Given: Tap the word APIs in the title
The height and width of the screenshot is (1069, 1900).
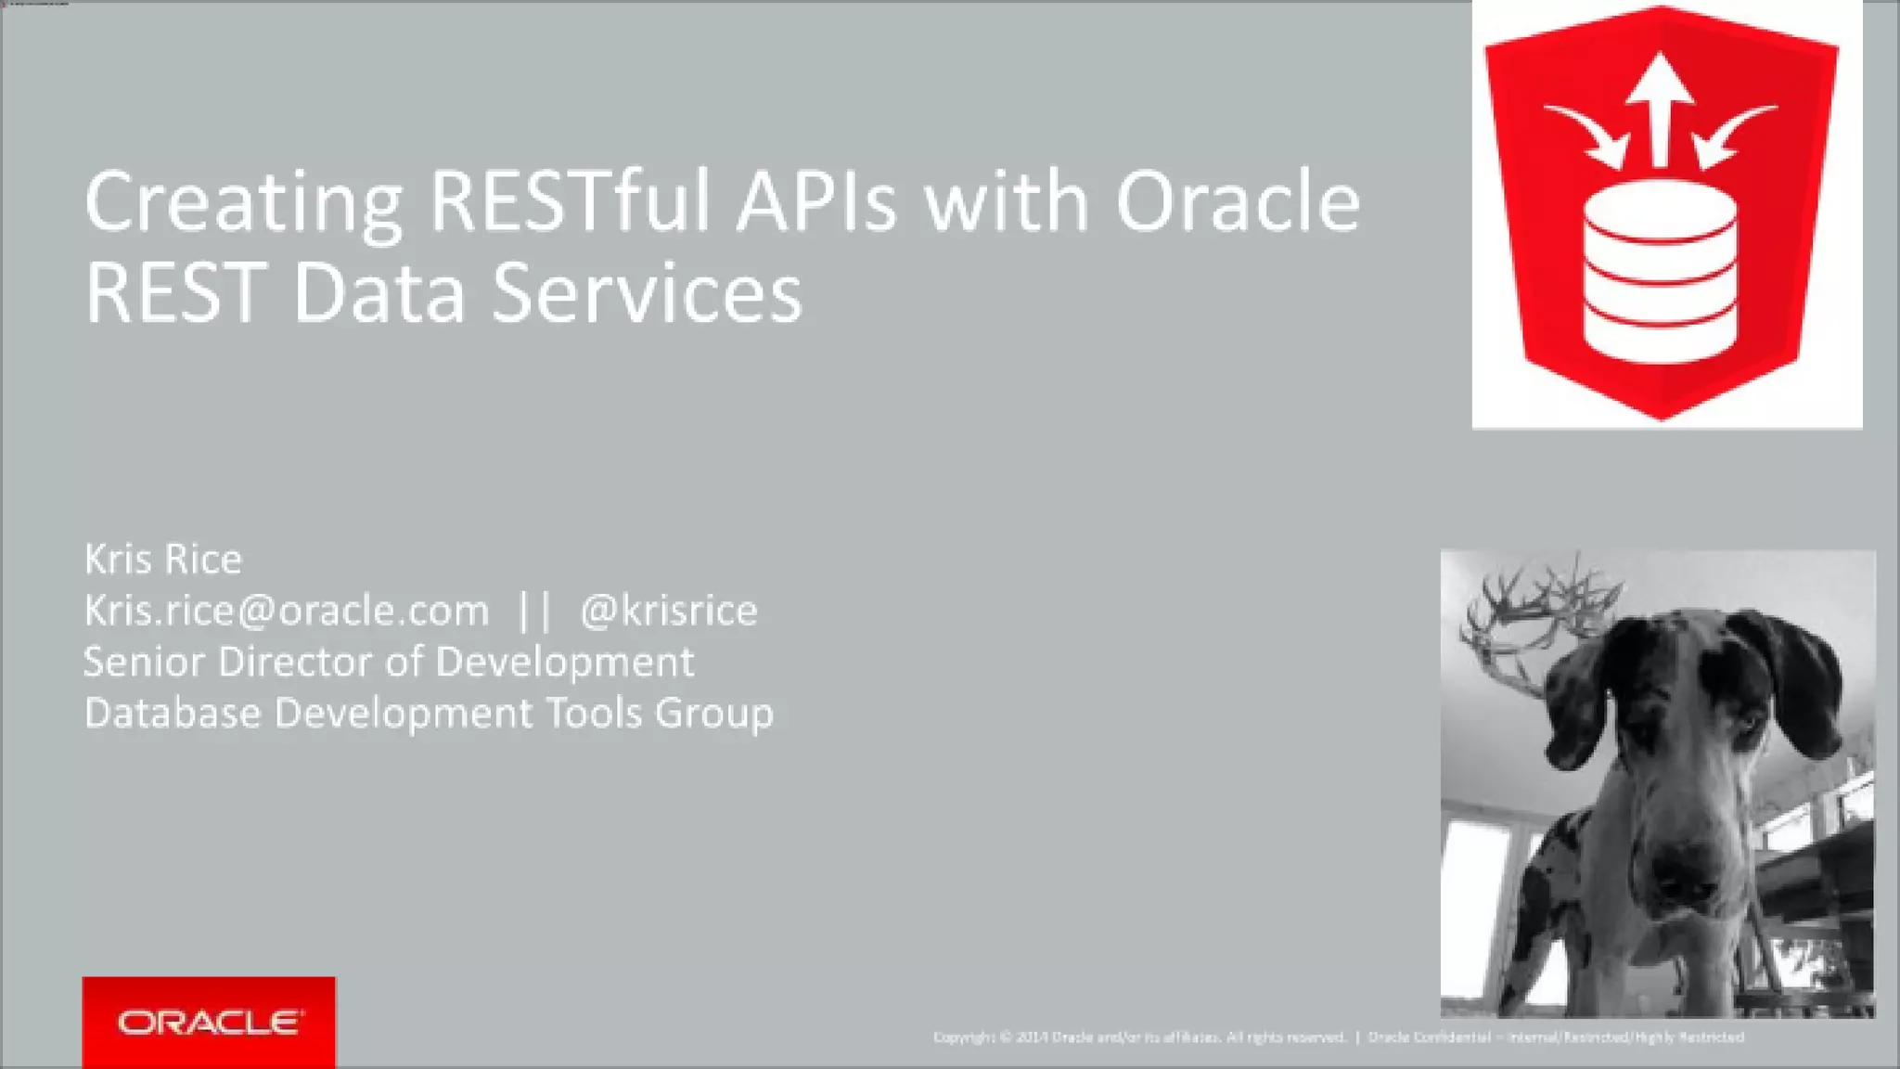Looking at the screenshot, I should pyautogui.click(x=816, y=201).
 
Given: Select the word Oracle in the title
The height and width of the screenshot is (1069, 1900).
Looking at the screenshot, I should pyautogui.click(x=1237, y=201).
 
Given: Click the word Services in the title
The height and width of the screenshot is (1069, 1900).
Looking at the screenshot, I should pyautogui.click(x=647, y=293).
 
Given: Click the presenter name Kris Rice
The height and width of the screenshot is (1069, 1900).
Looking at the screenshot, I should pyautogui.click(x=163, y=560).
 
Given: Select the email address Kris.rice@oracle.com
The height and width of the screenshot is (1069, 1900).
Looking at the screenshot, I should pyautogui.click(x=287, y=611).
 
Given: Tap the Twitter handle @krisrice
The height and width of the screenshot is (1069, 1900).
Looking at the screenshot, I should pyautogui.click(x=668, y=611).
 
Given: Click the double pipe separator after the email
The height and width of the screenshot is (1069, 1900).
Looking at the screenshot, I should pyautogui.click(x=534, y=611).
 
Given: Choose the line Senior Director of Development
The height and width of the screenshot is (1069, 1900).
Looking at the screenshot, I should pyautogui.click(x=389, y=663).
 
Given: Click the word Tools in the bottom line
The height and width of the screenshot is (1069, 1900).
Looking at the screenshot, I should pyautogui.click(x=594, y=714).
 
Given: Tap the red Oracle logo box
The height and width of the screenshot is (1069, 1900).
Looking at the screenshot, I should pyautogui.click(x=209, y=1022).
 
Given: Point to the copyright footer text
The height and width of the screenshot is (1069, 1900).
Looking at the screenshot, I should pyautogui.click(x=1338, y=1037).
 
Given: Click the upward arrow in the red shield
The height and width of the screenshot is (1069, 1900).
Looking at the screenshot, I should pyautogui.click(x=1661, y=107).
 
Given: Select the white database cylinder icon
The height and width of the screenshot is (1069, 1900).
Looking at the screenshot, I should pyautogui.click(x=1660, y=272).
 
